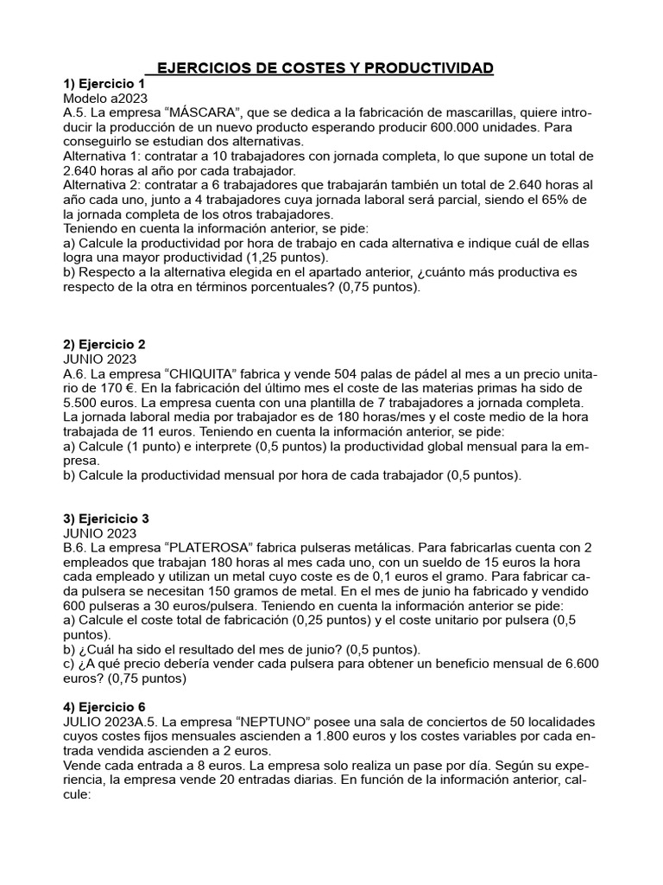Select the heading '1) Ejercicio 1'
pyautogui.click(x=104, y=84)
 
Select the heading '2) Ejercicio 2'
pyautogui.click(x=104, y=343)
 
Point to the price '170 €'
pyautogui.click(x=105, y=389)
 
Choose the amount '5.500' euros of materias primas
pyautogui.click(x=87, y=404)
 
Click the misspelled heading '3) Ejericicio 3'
pyautogui.click(x=107, y=519)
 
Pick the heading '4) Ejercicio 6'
pyautogui.click(x=104, y=706)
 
